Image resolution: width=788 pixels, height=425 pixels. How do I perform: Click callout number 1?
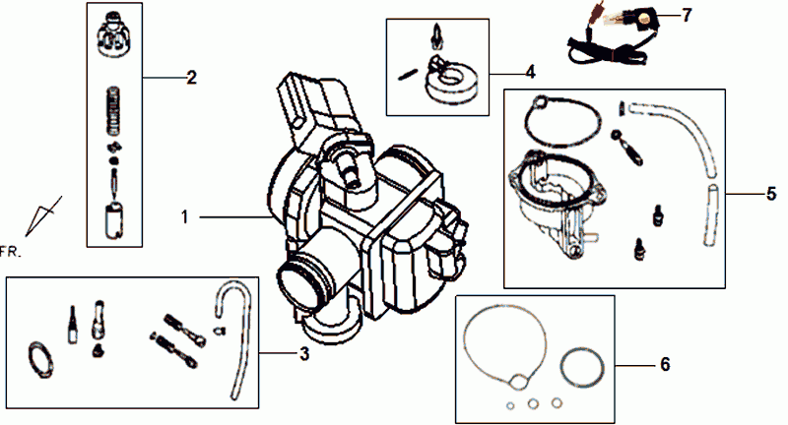[x=185, y=212]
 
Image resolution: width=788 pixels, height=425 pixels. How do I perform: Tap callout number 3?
[x=305, y=353]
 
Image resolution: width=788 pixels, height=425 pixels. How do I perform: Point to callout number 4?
[x=530, y=72]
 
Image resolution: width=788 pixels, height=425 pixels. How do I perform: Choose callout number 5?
[x=770, y=194]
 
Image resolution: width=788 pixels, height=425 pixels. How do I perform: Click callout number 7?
[x=688, y=17]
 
